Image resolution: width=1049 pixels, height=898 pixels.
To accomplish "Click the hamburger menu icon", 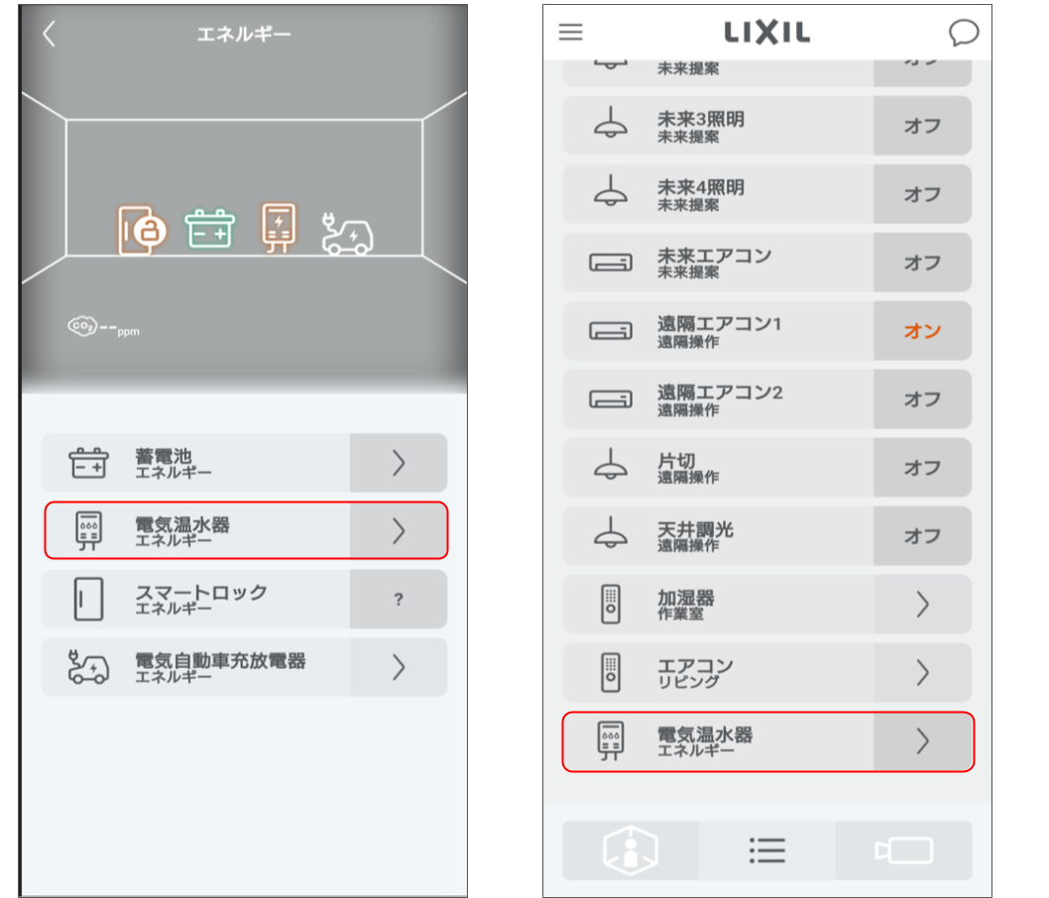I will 570,32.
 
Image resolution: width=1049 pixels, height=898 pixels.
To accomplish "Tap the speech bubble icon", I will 963,33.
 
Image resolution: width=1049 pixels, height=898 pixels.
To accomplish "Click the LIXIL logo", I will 766,33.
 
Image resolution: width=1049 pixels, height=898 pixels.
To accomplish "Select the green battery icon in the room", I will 210,229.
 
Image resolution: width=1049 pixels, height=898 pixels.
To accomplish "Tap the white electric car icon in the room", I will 347,236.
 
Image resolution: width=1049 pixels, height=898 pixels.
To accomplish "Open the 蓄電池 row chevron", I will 398,463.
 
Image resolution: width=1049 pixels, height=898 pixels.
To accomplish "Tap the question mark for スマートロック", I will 398,600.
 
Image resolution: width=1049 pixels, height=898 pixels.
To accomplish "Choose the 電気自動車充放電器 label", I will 220,661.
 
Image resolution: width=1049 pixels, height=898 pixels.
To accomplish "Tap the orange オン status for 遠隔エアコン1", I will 921,331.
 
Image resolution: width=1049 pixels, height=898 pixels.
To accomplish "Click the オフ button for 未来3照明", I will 921,126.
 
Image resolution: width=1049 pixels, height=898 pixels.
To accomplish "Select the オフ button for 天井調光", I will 921,536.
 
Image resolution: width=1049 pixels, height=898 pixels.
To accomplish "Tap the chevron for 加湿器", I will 922,605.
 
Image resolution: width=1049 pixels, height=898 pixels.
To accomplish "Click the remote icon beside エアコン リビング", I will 611,673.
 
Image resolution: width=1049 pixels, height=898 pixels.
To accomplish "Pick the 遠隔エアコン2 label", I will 720,393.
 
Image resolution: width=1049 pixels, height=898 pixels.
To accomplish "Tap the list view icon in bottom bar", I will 766,850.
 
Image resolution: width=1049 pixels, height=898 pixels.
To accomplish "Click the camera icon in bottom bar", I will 903,850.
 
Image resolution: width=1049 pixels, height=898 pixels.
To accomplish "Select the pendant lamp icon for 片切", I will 611,467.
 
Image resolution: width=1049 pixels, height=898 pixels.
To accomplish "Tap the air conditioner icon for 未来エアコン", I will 611,263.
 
